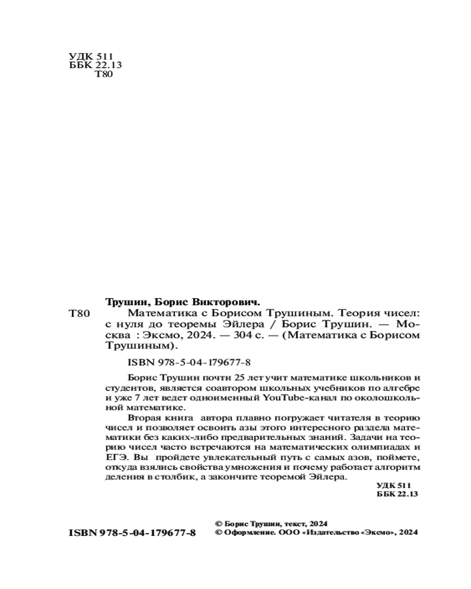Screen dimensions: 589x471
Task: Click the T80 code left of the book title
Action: pyautogui.click(x=79, y=314)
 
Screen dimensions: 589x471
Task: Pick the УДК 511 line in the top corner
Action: pyautogui.click(x=87, y=56)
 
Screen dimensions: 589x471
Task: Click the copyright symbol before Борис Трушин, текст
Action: pyautogui.click(x=220, y=523)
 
